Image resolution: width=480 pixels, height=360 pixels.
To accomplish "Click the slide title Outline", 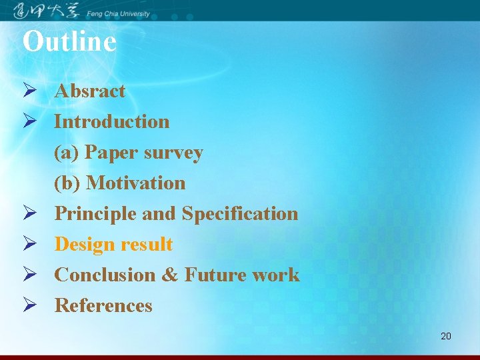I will point(69,41).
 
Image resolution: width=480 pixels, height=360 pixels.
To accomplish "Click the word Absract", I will point(89,91).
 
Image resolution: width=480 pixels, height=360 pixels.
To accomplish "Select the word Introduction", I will point(111,122).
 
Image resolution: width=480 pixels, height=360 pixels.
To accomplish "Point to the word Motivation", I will point(136,183).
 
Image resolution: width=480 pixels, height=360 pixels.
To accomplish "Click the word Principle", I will point(95,214).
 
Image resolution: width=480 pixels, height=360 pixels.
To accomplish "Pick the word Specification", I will point(240,214).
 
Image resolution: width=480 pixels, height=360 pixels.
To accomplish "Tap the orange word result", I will point(147,245).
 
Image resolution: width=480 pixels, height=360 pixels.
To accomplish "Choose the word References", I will point(103,306).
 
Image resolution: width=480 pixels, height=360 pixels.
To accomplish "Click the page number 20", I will point(445,336).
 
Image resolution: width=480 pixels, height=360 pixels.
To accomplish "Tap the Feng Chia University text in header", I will point(118,14).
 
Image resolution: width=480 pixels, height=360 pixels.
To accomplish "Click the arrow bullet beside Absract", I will point(29,91).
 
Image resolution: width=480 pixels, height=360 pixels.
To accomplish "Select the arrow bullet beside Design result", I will point(29,245).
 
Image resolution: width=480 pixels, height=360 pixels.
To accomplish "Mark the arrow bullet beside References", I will point(29,306).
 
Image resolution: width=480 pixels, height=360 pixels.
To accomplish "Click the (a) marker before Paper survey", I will point(67,153).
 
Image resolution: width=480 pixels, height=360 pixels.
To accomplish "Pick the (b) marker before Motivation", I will point(67,183).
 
